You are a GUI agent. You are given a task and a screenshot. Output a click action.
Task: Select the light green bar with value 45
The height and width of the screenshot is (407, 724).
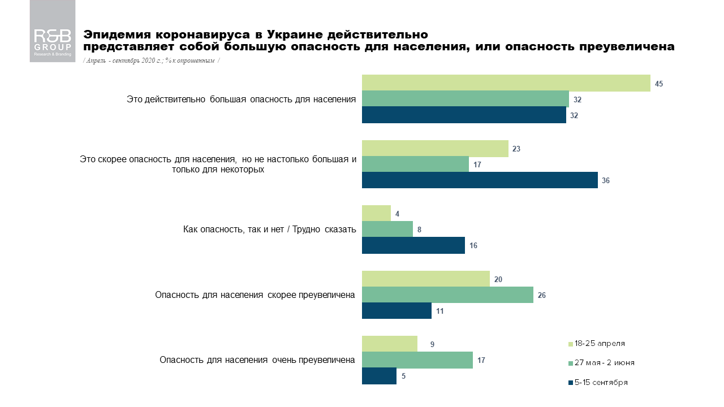(506, 83)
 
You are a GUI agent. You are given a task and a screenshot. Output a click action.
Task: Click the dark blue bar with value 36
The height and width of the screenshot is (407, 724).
(480, 180)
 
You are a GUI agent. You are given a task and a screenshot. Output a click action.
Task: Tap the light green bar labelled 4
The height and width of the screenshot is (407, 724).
(376, 214)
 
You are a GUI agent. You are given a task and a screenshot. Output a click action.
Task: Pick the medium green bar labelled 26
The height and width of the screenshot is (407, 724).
(447, 295)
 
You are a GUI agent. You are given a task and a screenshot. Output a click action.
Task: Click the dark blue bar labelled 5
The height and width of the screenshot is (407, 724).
(379, 376)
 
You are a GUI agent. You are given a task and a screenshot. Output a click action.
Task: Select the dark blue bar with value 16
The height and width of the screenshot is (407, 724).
(413, 245)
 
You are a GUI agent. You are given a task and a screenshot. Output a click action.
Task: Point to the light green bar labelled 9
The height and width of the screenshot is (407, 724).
(389, 344)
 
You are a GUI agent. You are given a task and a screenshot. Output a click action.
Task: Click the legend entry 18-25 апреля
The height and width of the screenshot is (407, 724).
(600, 344)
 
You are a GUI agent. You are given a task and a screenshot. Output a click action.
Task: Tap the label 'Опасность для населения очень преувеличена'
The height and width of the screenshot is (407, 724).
(257, 360)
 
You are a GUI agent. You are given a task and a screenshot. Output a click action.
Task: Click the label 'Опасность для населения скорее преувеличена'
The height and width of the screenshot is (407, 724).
(255, 295)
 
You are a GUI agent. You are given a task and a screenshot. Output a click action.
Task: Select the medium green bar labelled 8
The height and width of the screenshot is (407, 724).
(387, 230)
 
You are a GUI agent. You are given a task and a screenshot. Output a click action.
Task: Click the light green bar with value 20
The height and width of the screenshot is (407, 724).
(425, 279)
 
